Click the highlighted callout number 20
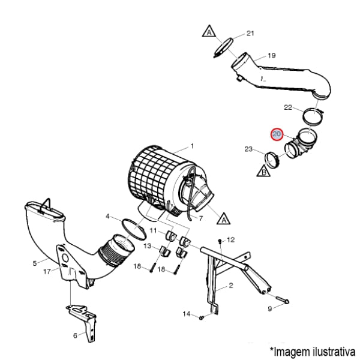(x=277, y=134)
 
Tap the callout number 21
(x=250, y=34)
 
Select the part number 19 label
(x=271, y=56)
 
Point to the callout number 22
(x=288, y=107)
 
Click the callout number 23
(x=248, y=149)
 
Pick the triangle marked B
(x=263, y=171)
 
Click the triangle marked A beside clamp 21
(x=209, y=32)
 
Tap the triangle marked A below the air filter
(x=224, y=219)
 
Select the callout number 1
(x=192, y=146)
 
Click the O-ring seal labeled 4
(x=134, y=230)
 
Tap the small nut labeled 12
(x=220, y=241)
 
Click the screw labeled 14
(x=202, y=318)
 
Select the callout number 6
(x=75, y=335)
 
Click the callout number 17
(x=47, y=272)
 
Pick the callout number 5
(x=35, y=263)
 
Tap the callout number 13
(x=148, y=246)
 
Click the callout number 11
(x=153, y=230)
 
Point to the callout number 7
(x=200, y=218)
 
